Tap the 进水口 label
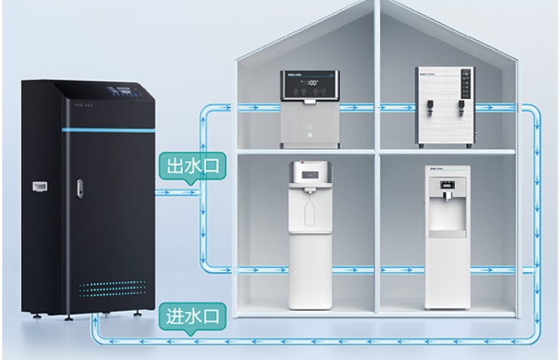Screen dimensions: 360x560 click(x=190, y=315)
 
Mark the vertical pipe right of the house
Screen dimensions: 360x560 click(x=533, y=214)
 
